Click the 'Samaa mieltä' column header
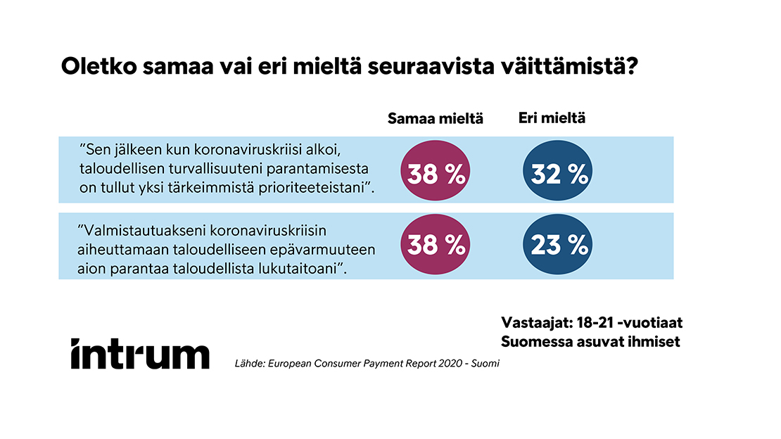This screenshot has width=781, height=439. [436, 118]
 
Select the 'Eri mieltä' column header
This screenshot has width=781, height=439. [552, 118]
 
